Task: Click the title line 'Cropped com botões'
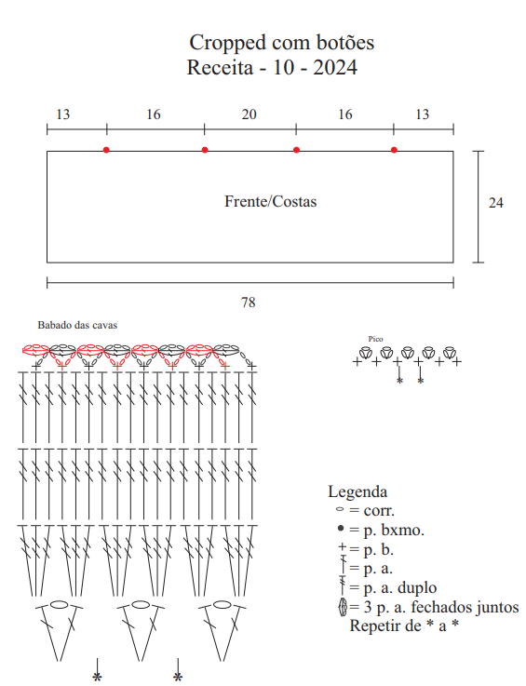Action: [x=281, y=43]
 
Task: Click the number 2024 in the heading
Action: [x=335, y=67]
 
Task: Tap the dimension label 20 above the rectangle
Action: [x=249, y=114]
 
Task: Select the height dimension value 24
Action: [x=496, y=203]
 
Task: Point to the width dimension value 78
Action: [x=249, y=303]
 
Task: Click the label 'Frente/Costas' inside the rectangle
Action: [x=270, y=202]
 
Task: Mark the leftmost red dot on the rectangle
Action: [x=106, y=150]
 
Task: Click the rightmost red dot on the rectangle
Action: [x=394, y=150]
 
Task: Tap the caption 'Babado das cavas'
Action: [x=77, y=325]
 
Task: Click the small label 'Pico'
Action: [x=375, y=339]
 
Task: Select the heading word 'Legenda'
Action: [x=357, y=492]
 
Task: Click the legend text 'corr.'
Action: [x=379, y=511]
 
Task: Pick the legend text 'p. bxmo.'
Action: [x=394, y=531]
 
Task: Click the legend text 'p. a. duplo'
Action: [x=400, y=588]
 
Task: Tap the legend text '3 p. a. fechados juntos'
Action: [x=441, y=607]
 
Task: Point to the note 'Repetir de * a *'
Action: [x=404, y=625]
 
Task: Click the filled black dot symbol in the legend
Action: [x=341, y=529]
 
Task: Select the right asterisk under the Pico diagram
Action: [x=421, y=381]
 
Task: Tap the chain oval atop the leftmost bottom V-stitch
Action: [x=59, y=605]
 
